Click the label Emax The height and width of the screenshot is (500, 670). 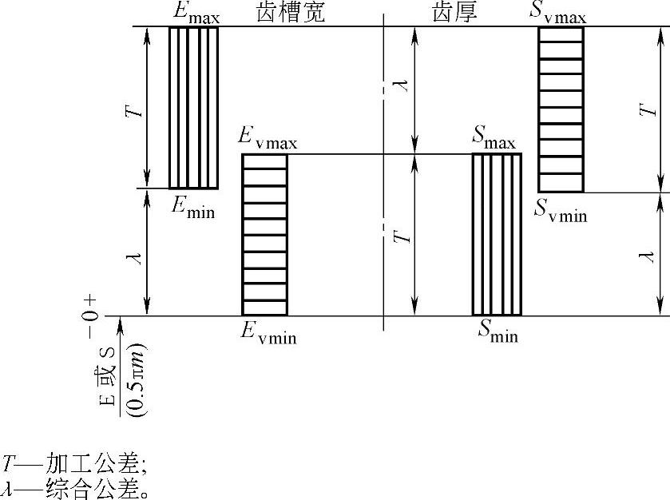coord(195,14)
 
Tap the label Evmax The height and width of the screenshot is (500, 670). coord(268,138)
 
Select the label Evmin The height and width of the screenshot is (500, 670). coord(268,333)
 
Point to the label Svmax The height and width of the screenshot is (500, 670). coord(559,14)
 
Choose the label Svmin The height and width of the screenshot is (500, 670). coord(560,210)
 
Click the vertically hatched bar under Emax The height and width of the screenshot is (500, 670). coord(193,107)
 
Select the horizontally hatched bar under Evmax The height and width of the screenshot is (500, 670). coord(264,235)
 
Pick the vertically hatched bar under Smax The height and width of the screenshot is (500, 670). coord(497,235)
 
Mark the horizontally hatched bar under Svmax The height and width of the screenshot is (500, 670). coord(561,109)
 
